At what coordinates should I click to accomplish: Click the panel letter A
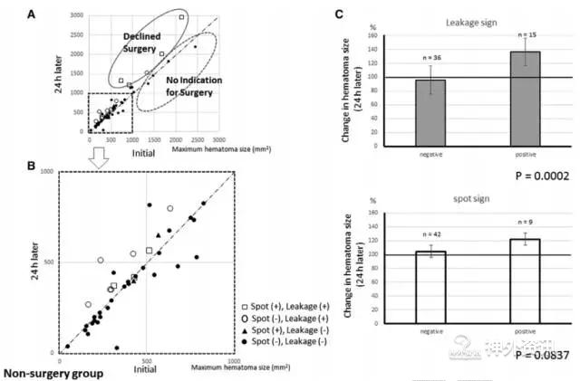[58, 13]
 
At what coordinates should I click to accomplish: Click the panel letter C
[340, 14]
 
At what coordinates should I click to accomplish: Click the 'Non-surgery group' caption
[50, 372]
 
